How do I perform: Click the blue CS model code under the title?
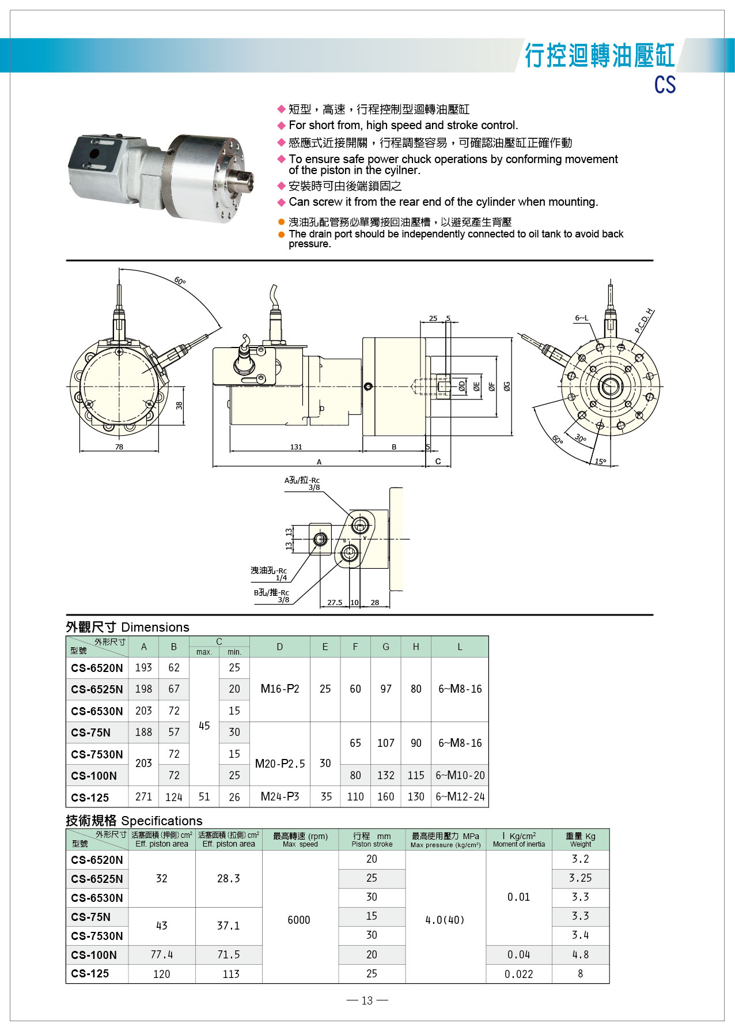click(664, 85)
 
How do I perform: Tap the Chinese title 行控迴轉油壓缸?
click(599, 56)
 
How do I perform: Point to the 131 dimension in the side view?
click(296, 447)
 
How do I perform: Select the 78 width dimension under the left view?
click(119, 447)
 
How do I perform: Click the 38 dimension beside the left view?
click(179, 405)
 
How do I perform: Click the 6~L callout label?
click(582, 318)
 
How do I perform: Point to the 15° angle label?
click(600, 462)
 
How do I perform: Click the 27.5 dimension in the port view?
click(335, 602)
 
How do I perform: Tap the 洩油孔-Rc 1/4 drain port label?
click(269, 573)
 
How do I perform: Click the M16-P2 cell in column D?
click(280, 689)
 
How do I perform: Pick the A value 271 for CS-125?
click(143, 796)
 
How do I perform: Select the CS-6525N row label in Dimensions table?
click(97, 689)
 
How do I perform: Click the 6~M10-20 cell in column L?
click(460, 775)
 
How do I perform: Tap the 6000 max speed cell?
click(298, 920)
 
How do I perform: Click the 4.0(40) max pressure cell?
click(445, 920)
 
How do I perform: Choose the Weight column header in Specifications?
click(581, 840)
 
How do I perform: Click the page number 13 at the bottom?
click(367, 1000)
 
